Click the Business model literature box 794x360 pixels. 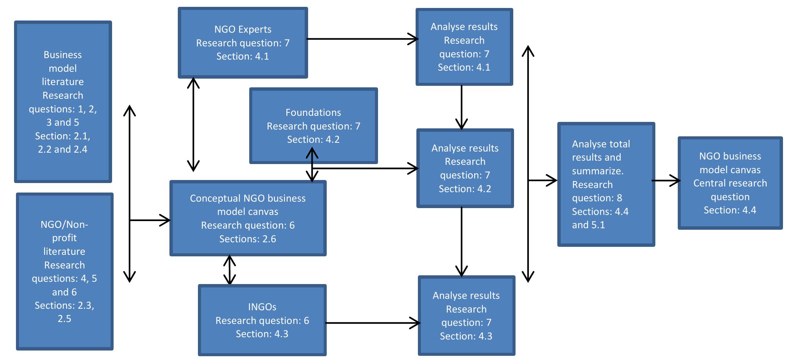click(63, 102)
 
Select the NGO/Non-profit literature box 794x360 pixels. click(65, 271)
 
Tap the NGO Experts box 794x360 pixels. click(243, 43)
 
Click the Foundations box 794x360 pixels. click(313, 126)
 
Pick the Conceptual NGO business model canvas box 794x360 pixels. click(248, 218)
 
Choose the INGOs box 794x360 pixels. click(262, 320)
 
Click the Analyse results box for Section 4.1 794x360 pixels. click(464, 47)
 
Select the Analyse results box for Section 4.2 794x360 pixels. click(465, 168)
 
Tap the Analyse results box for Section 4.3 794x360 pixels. click(466, 316)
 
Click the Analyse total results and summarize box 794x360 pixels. click(606, 184)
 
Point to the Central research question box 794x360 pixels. click(730, 183)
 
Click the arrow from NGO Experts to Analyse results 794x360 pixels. click(361, 39)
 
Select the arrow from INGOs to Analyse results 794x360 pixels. click(372, 323)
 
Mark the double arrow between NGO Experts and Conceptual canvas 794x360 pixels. click(193, 125)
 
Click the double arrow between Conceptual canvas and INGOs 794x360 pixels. click(229, 270)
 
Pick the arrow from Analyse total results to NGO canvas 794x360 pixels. click(666, 181)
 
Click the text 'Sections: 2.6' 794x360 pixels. click(248, 239)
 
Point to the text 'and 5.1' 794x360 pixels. click(588, 225)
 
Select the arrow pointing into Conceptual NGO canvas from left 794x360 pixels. click(150, 220)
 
